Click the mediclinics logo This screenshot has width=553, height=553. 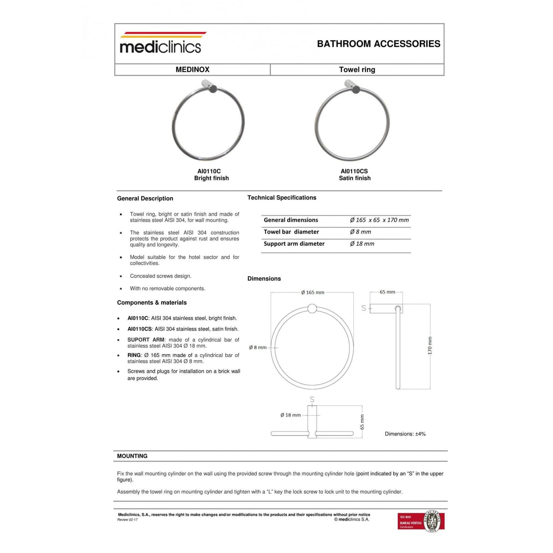click(160, 43)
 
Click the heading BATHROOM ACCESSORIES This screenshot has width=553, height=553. click(379, 44)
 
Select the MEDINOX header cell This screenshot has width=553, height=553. click(192, 70)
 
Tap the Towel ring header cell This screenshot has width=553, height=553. click(357, 70)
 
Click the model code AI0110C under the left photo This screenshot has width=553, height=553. click(209, 171)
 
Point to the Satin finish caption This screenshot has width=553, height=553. click(354, 178)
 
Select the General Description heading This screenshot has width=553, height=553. click(145, 199)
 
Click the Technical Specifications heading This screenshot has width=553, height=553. click(282, 198)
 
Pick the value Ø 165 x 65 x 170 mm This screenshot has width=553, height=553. click(379, 220)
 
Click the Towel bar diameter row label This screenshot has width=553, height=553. click(291, 232)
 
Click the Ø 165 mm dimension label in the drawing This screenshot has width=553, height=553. click(312, 292)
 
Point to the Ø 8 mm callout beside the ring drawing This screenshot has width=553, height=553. click(258, 348)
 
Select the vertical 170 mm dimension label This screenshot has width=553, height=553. click(430, 346)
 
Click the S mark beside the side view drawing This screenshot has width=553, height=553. click(364, 308)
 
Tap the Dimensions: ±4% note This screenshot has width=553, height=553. click(405, 434)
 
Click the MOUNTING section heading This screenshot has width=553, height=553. click(132, 456)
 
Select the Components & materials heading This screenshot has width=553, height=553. click(152, 302)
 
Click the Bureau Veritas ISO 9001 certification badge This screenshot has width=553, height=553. click(421, 521)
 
